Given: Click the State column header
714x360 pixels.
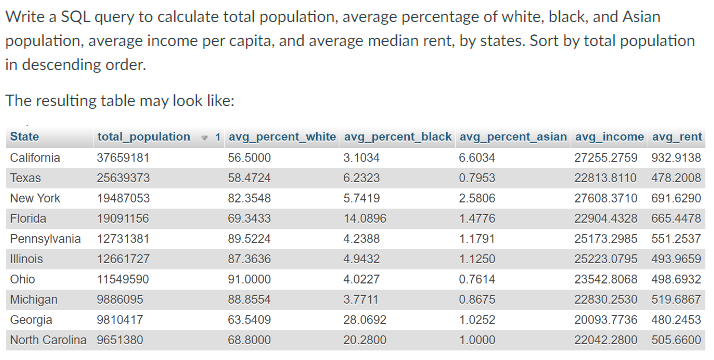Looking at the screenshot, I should (24, 136).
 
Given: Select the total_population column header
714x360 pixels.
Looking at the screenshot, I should (143, 136).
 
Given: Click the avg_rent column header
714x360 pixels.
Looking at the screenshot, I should (677, 136).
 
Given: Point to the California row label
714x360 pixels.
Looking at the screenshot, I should (34, 158).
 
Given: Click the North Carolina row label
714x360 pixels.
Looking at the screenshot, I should (48, 340).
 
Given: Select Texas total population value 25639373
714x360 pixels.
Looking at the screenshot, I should (123, 178).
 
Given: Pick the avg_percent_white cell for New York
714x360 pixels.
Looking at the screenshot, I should (249, 198).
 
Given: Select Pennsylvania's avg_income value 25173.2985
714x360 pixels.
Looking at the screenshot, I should (608, 239).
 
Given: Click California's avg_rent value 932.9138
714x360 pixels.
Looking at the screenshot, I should (676, 158).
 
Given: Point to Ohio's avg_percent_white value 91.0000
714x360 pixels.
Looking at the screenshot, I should (249, 279).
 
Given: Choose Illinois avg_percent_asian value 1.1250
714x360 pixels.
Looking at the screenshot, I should (477, 259).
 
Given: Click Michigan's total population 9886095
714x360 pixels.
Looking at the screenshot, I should (120, 300).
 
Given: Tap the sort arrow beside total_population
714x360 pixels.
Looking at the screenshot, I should (205, 137).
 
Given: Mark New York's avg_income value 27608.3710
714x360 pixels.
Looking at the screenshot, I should (608, 198).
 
